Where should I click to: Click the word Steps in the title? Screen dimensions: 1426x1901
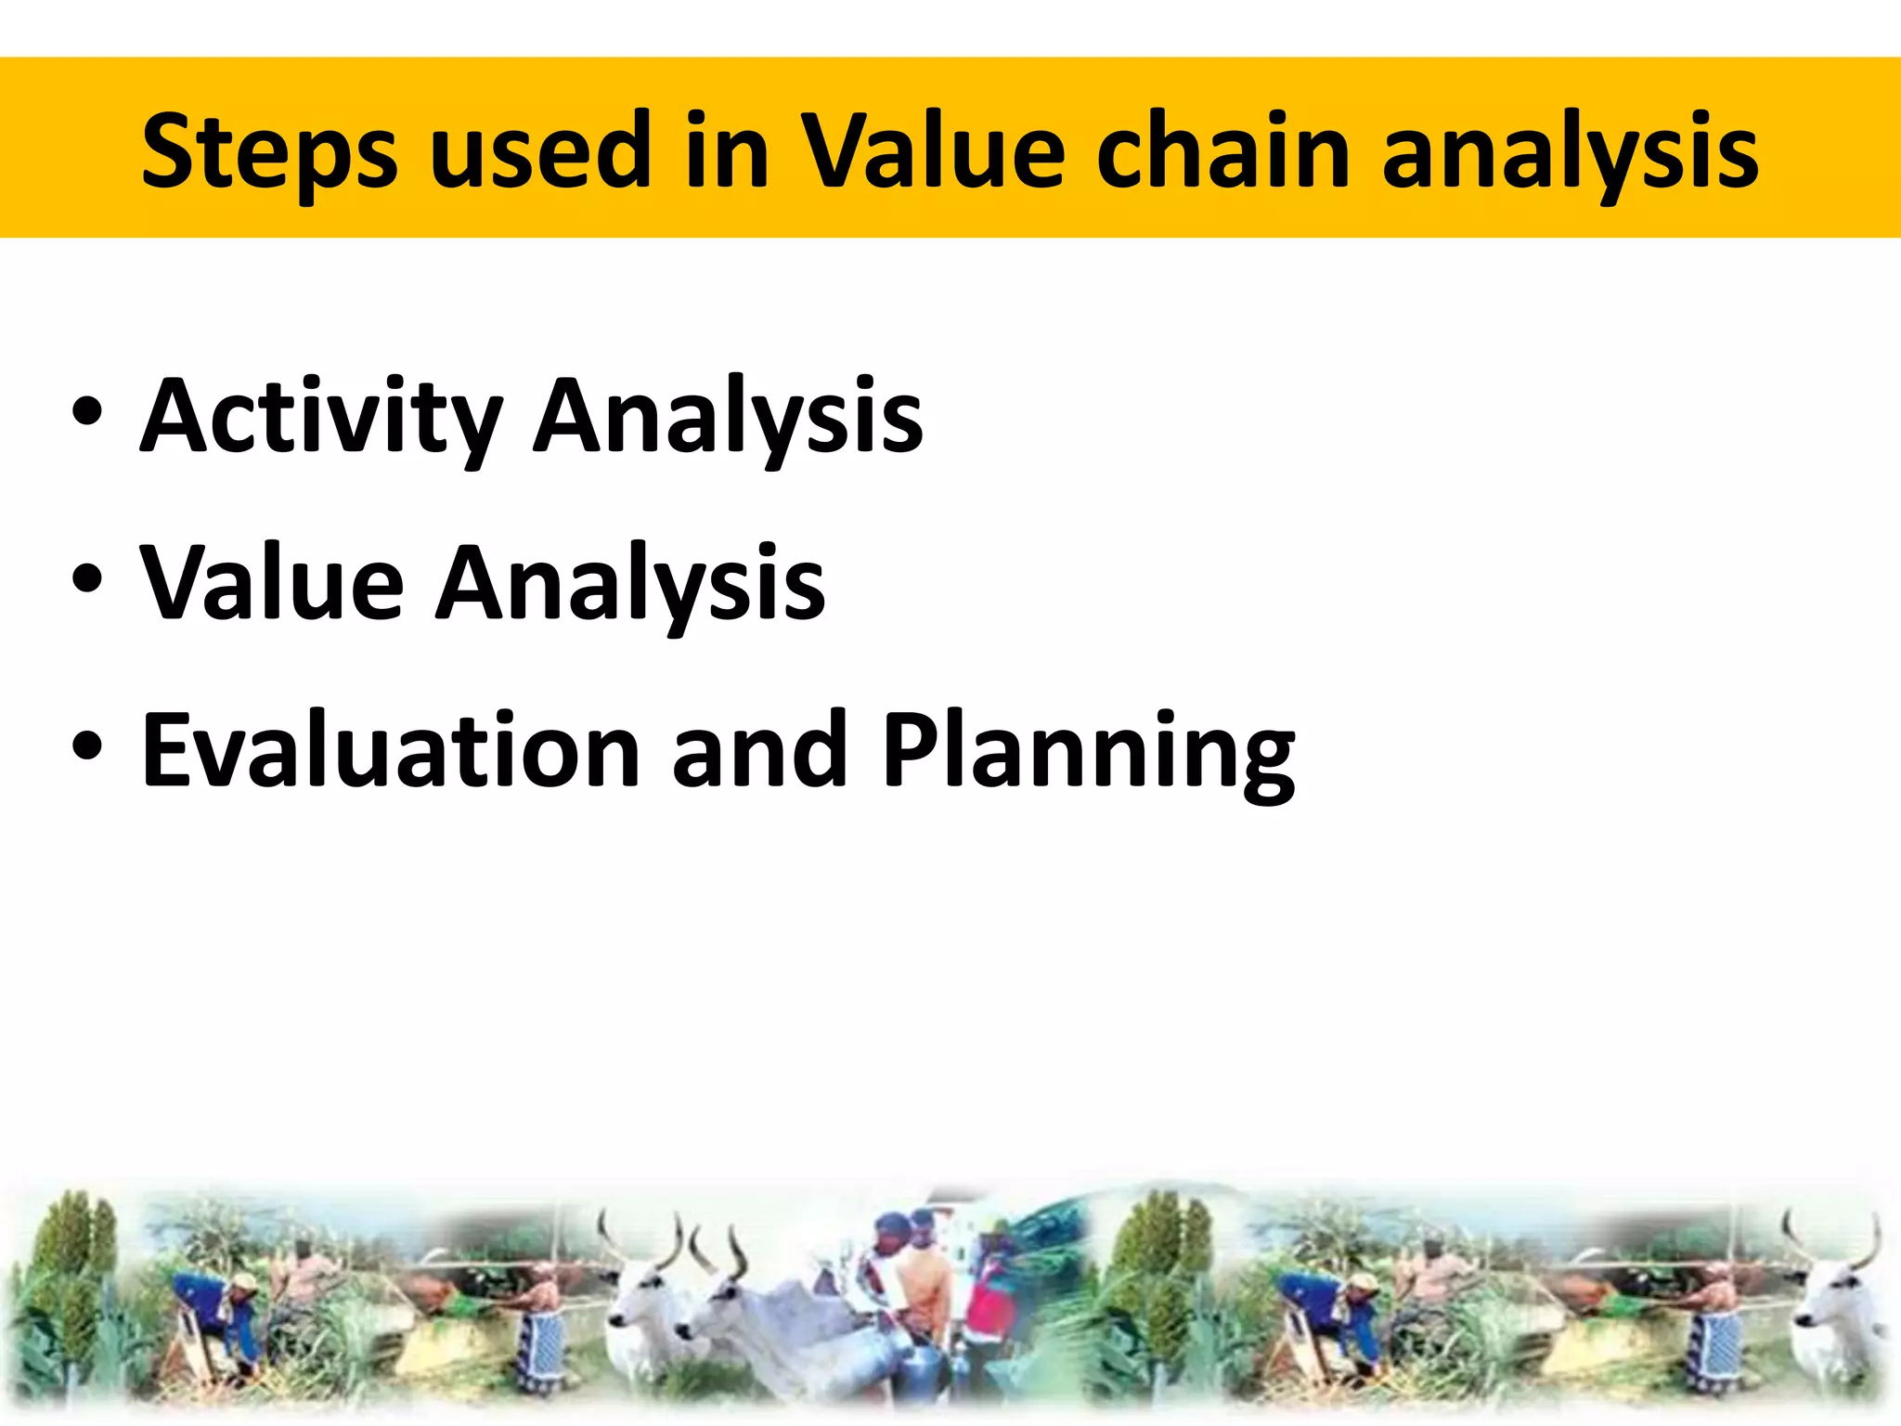[269, 150]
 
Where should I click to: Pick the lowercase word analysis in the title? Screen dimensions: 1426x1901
[1569, 150]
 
